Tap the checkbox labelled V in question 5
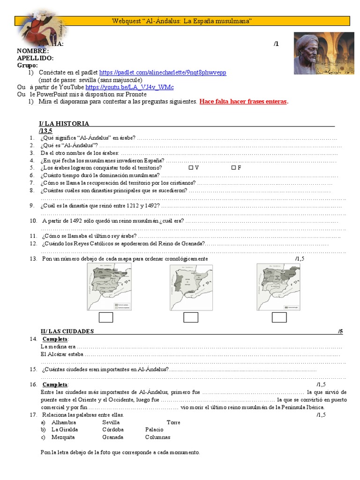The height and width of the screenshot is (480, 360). click(x=191, y=167)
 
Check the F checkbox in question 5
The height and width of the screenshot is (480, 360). click(x=233, y=167)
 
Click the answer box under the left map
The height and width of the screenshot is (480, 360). click(x=106, y=317)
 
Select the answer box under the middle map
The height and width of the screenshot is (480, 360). click(x=191, y=317)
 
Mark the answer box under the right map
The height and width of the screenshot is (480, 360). click(x=279, y=317)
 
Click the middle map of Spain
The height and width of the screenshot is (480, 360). click(x=191, y=286)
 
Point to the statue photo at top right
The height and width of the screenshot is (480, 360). click(x=323, y=53)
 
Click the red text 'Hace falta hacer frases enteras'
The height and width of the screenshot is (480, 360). click(x=243, y=101)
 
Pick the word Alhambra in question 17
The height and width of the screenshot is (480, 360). click(x=63, y=422)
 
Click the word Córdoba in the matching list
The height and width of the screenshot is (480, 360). click(x=113, y=429)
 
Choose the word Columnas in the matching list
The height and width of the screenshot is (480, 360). click(x=158, y=437)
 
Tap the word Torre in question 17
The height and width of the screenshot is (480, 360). click(x=173, y=422)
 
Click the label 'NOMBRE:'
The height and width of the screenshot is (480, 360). click(x=33, y=51)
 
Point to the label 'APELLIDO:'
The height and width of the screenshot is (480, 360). click(x=35, y=58)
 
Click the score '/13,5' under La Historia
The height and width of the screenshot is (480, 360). click(x=46, y=130)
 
